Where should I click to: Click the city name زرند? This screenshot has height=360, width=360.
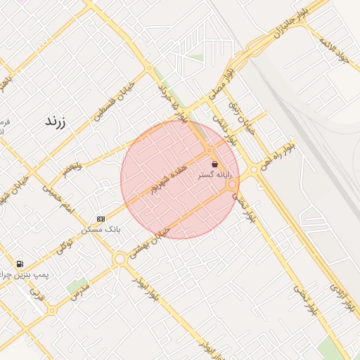click(x=55, y=121)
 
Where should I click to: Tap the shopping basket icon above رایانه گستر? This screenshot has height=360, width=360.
click(x=214, y=164)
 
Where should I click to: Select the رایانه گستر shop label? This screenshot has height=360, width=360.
click(x=214, y=174)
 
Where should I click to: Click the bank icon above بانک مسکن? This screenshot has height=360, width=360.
click(x=101, y=219)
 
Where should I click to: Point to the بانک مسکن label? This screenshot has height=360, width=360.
click(x=101, y=229)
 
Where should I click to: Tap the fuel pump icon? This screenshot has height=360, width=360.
click(x=29, y=264)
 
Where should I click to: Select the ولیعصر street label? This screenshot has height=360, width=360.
click(x=72, y=167)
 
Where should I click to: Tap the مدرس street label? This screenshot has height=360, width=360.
click(x=80, y=290)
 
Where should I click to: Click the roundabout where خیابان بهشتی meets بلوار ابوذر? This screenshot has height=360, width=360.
click(x=120, y=259)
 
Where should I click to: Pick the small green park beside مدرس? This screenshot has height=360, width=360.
click(x=76, y=285)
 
